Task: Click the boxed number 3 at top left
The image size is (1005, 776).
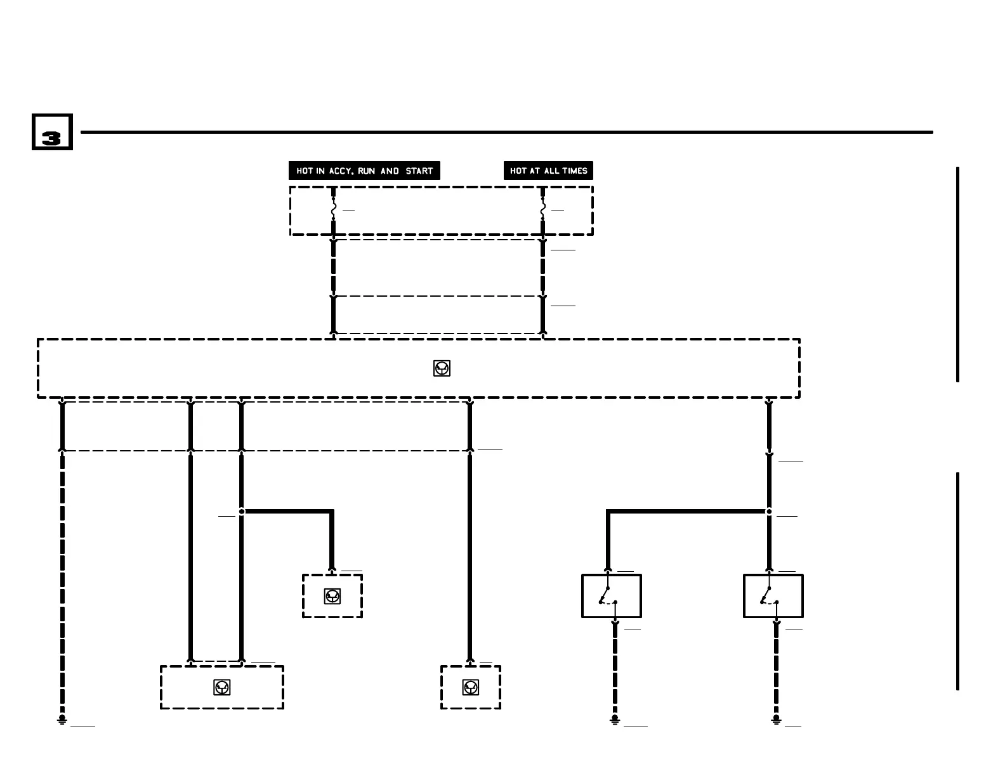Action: click(52, 132)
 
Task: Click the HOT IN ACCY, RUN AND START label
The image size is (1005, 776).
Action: click(364, 171)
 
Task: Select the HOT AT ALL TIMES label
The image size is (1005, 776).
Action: click(548, 171)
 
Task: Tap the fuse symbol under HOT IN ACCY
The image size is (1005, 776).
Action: click(333, 209)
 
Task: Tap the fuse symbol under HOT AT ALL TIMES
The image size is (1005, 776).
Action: click(542, 209)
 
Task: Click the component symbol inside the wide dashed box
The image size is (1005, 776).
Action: click(442, 368)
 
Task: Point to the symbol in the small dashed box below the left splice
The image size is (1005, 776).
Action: click(333, 596)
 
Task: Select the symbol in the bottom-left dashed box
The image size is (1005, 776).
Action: click(222, 687)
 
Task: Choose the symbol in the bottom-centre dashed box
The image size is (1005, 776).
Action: click(470, 687)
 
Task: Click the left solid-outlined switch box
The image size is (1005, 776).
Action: click(611, 596)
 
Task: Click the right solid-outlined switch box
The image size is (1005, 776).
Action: click(773, 596)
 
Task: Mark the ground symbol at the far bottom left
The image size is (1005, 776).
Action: click(62, 720)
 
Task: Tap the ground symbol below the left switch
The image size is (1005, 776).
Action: click(614, 720)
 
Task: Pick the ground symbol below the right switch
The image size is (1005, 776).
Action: click(776, 720)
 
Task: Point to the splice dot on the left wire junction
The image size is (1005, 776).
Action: click(242, 511)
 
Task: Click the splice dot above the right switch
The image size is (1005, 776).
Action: click(769, 511)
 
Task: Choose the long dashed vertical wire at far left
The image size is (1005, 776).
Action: click(62, 583)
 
